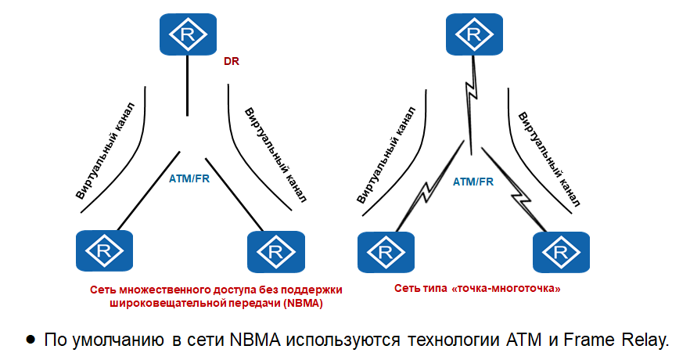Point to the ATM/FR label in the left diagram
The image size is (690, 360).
coord(189,178)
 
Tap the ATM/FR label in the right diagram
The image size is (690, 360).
coord(473,182)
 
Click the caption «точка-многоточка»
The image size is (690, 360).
coord(508,289)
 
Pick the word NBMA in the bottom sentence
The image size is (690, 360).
coord(255,340)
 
